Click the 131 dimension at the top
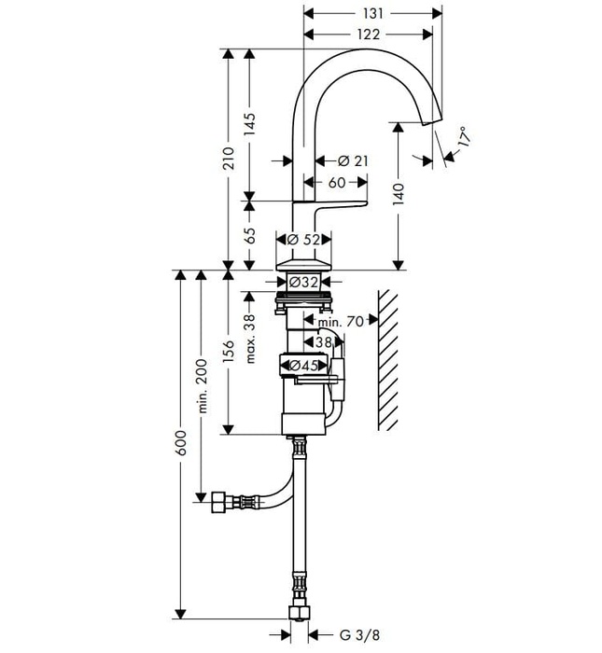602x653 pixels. point(372,13)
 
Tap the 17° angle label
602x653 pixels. point(464,140)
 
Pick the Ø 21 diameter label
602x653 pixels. point(352,161)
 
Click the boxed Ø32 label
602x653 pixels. point(304,282)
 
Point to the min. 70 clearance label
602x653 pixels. point(339,322)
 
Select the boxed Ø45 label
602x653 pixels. point(304,366)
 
